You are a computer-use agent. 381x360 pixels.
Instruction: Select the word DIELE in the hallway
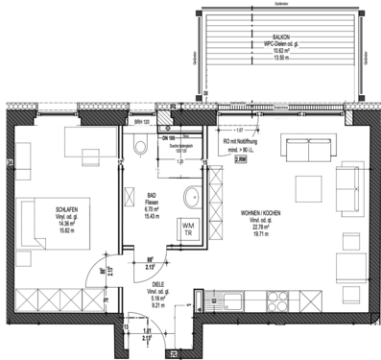pyautogui.click(x=158, y=284)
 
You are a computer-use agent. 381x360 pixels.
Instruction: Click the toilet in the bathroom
pyautogui.click(x=141, y=147)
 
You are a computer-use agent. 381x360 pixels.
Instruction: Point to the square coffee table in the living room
pyautogui.click(x=307, y=187)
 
